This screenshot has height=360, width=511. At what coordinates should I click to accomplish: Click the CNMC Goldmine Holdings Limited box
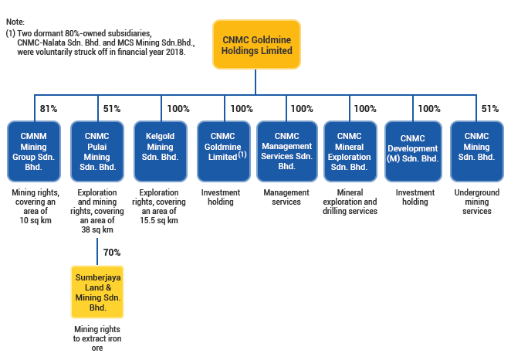[256, 44]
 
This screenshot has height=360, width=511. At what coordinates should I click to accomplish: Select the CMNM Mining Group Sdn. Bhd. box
[33, 151]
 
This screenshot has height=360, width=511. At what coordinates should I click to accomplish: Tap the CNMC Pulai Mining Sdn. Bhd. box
[97, 151]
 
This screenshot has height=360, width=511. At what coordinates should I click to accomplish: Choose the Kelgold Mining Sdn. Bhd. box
[161, 151]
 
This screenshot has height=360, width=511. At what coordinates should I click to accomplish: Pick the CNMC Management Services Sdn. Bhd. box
[286, 151]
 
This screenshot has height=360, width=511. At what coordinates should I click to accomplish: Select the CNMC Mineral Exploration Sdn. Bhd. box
[350, 151]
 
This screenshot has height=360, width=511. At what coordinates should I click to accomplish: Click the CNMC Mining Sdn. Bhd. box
[476, 151]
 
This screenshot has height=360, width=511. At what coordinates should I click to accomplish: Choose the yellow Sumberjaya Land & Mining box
[97, 290]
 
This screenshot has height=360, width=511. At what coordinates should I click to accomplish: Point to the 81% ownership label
[48, 109]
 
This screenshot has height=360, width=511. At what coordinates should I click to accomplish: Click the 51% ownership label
[111, 109]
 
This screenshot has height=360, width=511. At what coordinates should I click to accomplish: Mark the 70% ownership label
[111, 253]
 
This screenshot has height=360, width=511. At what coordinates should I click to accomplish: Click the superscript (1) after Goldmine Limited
[242, 155]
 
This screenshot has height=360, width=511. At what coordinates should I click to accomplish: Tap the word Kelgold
[161, 137]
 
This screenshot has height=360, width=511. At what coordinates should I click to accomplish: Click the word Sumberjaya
[97, 276]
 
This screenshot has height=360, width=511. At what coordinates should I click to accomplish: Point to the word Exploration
[350, 157]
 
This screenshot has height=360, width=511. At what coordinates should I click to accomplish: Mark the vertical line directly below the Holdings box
[256, 81]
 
